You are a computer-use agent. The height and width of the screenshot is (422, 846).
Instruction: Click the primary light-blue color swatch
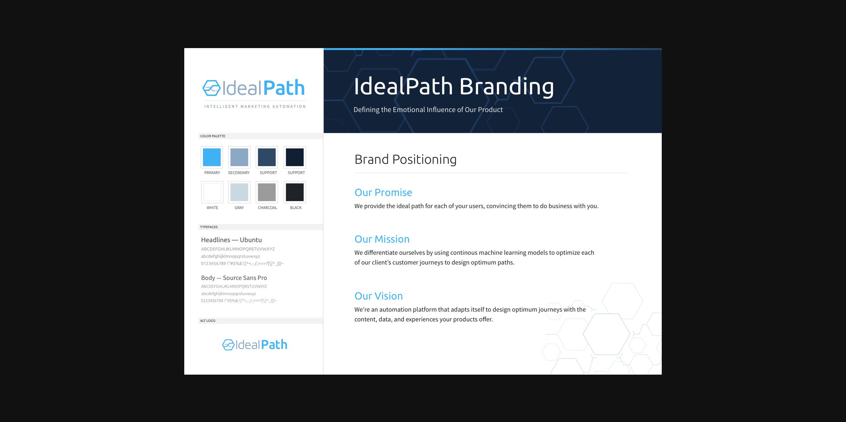212,157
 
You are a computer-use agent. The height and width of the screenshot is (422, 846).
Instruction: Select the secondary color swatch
239,157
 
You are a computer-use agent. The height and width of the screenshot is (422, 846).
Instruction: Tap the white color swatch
212,192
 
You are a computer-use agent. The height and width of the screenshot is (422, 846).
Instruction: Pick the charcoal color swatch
267,192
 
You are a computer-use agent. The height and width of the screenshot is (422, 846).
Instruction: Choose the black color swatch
295,192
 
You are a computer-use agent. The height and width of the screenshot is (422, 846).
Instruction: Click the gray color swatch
239,192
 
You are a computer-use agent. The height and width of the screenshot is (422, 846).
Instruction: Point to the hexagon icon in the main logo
211,88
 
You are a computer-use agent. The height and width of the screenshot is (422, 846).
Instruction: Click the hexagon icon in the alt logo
228,345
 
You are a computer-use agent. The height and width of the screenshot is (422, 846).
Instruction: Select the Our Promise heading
383,193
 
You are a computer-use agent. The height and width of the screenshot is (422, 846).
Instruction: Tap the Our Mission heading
382,239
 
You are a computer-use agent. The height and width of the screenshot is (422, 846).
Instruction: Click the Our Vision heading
379,296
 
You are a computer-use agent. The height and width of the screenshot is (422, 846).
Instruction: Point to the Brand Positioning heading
405,160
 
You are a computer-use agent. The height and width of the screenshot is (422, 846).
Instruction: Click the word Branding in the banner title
507,87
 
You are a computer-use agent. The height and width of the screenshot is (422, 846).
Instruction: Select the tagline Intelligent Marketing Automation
255,107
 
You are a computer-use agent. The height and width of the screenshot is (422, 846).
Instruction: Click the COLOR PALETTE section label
213,136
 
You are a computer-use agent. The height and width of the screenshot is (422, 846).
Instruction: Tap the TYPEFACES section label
209,227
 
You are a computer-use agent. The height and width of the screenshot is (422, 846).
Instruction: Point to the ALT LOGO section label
208,321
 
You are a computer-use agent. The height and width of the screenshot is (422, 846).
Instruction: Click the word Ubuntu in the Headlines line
251,240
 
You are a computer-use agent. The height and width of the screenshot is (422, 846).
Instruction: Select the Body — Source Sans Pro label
234,278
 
